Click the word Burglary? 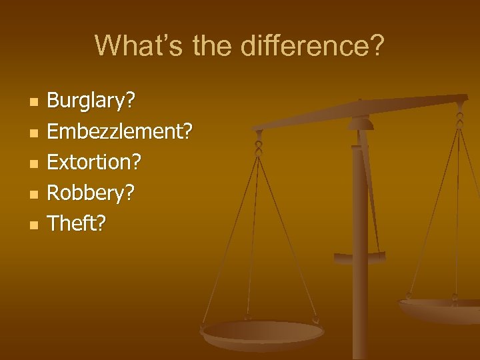point(91,102)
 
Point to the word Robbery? point(91,193)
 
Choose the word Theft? point(77,223)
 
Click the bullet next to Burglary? point(34,103)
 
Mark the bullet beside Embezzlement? point(34,133)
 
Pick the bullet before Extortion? point(34,163)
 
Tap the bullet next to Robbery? point(34,194)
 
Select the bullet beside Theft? point(34,225)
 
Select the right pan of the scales point(440,308)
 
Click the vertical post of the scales point(360,267)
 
